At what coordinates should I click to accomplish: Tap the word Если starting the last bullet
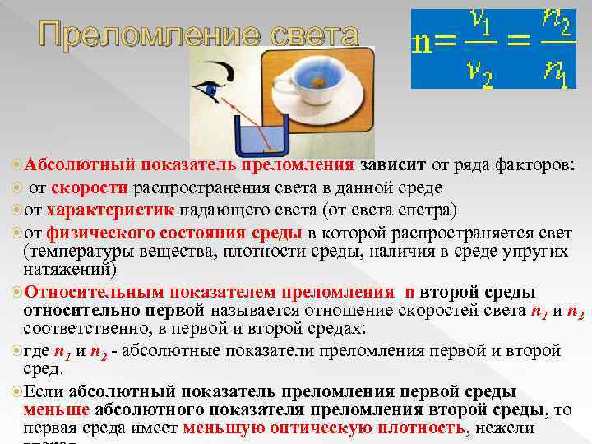[x=45, y=391]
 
